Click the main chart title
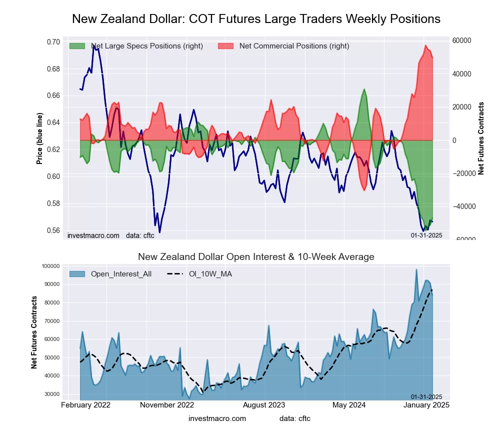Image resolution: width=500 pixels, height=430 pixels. (256, 19)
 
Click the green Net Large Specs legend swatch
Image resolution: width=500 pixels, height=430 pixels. (77, 46)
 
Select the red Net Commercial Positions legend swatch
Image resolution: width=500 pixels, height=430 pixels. (226, 46)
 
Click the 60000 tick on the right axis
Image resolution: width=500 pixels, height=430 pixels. (462, 41)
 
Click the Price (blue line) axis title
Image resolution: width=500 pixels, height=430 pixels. (39, 138)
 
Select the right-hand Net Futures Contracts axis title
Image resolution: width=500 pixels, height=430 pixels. (481, 138)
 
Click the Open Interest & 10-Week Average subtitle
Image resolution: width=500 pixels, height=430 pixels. (256, 257)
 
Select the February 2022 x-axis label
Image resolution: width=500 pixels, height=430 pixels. (86, 404)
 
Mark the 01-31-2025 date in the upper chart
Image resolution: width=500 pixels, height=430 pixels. (426, 235)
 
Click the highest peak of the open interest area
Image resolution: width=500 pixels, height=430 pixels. (416, 269)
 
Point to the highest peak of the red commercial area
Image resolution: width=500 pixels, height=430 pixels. (425, 45)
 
